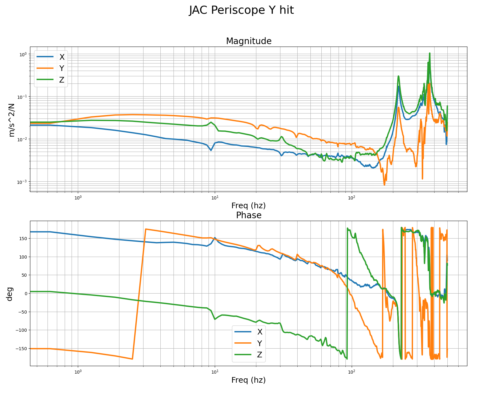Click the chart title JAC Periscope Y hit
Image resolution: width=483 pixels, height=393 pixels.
241,10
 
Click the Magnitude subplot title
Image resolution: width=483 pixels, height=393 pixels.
249,41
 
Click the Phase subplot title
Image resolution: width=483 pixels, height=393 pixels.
249,215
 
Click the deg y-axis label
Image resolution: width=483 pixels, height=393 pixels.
10,294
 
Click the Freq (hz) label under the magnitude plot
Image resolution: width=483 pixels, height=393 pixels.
249,206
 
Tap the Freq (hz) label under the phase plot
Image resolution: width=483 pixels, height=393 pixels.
249,380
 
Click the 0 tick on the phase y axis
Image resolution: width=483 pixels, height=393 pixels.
26,293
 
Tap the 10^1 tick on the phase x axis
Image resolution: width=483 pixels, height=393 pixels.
215,372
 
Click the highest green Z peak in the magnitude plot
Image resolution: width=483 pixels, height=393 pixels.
430,53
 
